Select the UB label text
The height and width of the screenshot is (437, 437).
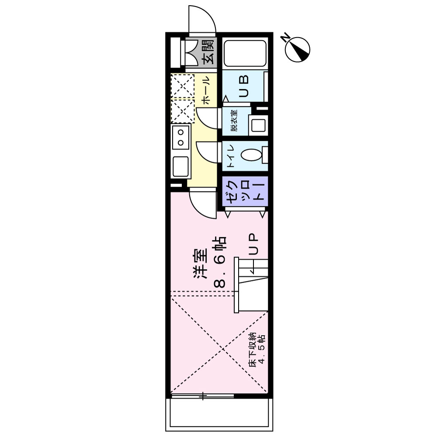click(243, 86)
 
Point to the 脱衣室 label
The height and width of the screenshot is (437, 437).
click(234, 121)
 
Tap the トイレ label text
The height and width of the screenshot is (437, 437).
click(232, 156)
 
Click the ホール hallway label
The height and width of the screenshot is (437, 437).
click(207, 90)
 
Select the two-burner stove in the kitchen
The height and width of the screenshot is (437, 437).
click(180, 136)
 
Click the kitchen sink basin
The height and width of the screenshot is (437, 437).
click(180, 166)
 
